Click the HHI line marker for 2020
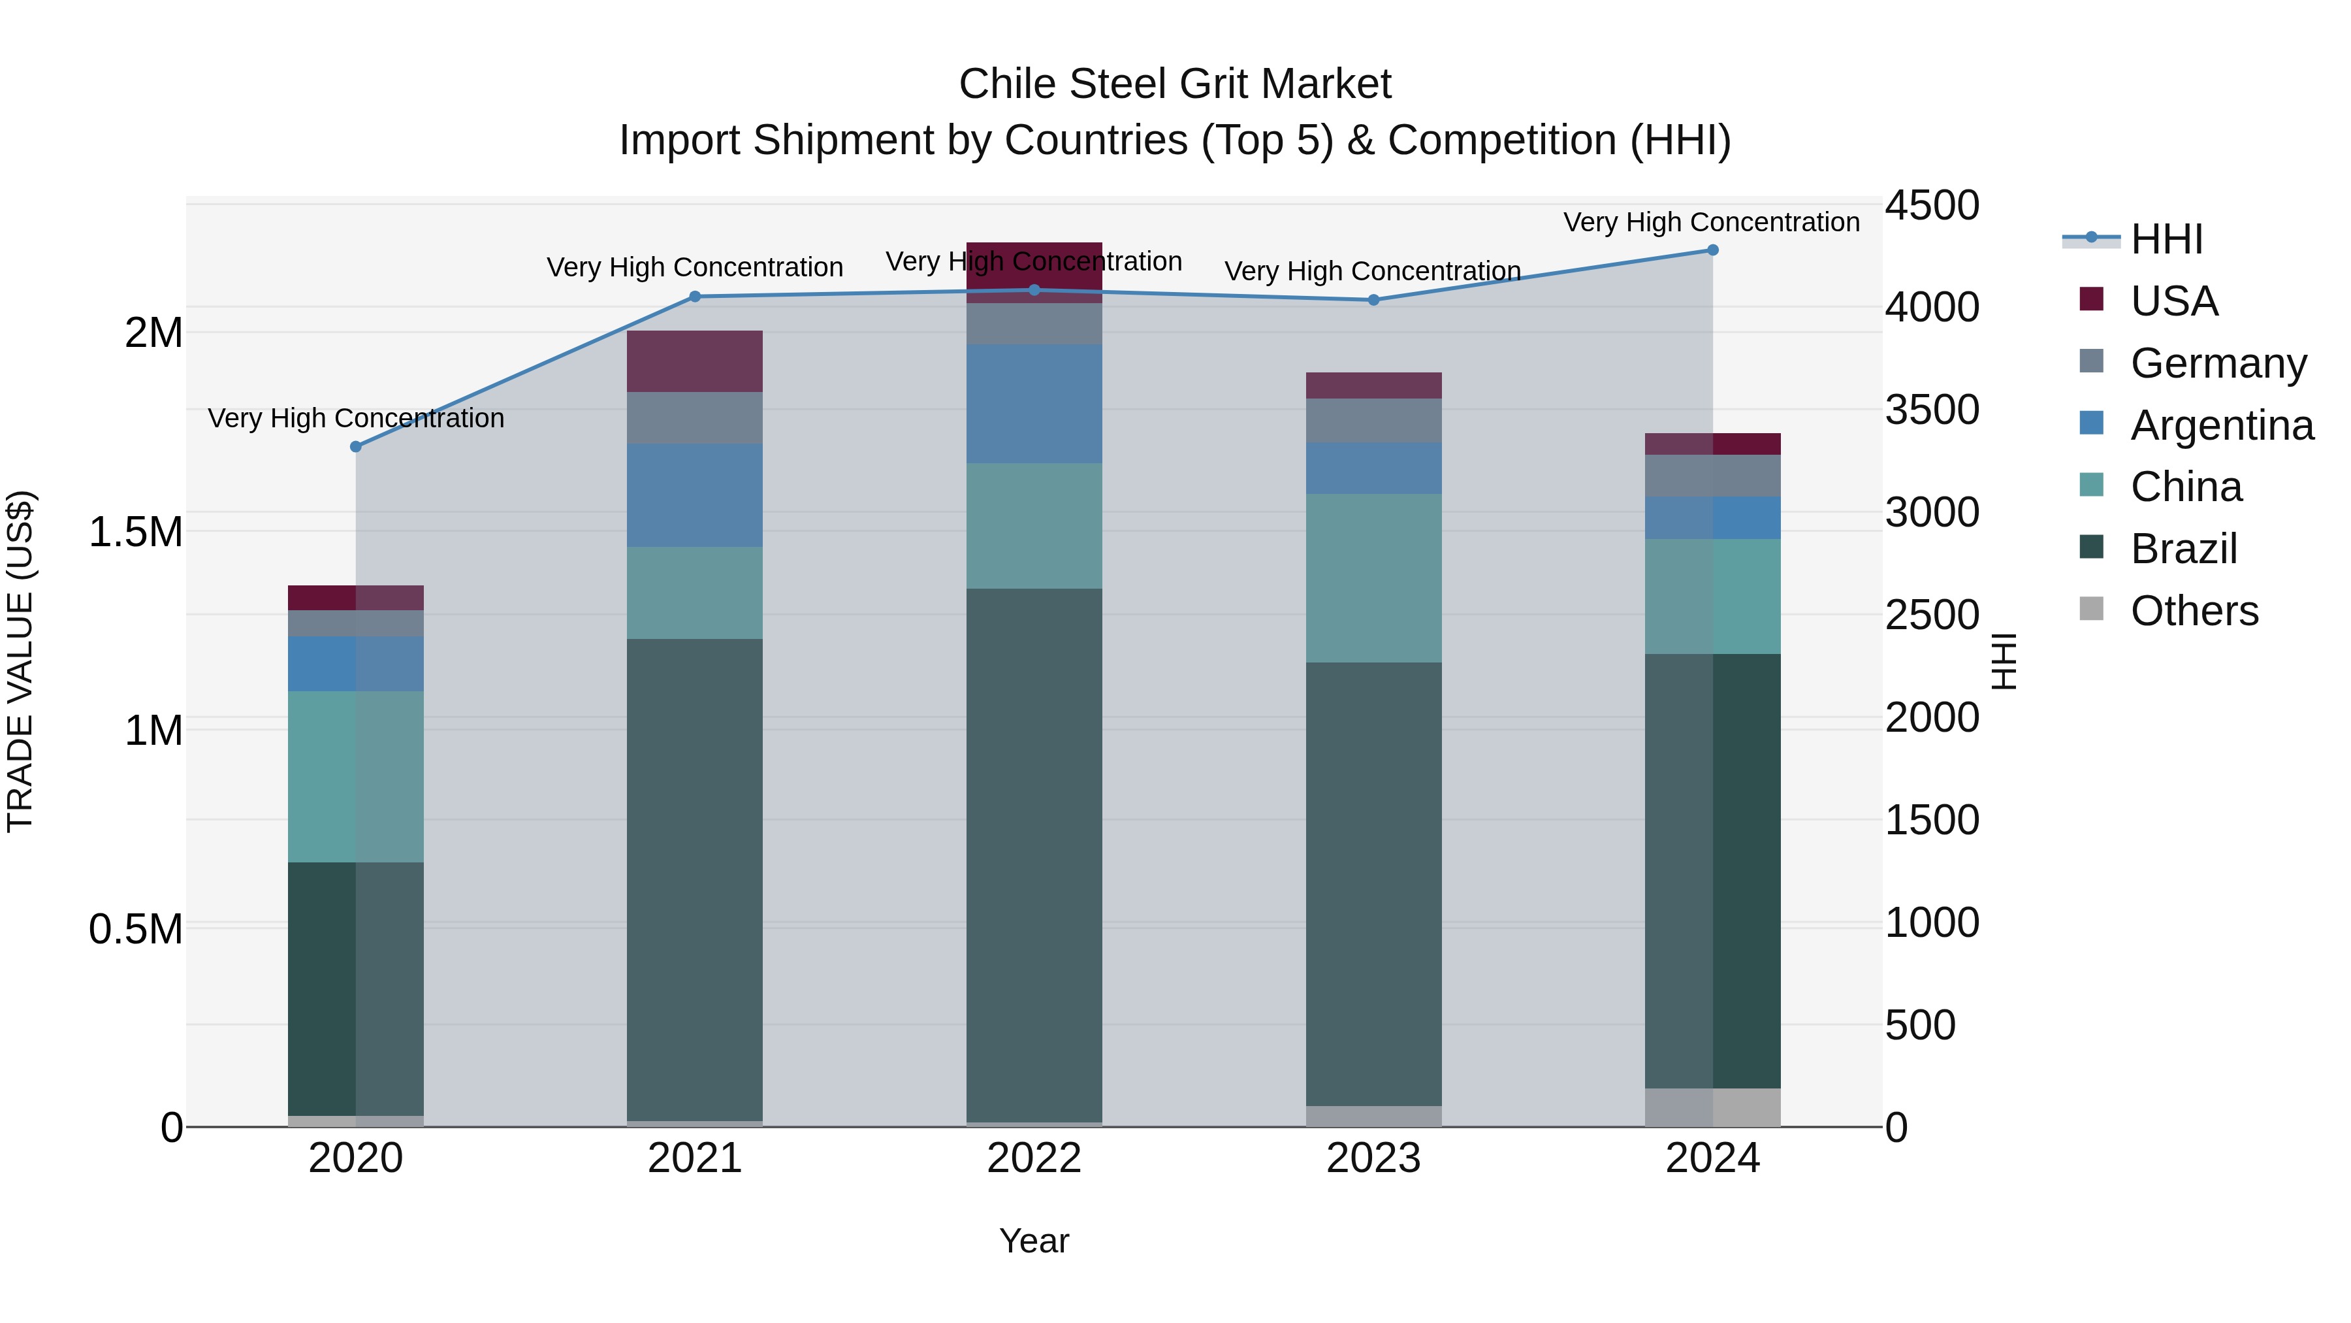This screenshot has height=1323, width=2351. tap(356, 446)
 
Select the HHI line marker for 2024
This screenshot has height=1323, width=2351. tap(1712, 250)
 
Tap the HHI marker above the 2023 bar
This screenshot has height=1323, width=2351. tap(1373, 299)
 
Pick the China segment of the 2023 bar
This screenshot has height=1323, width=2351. tap(1373, 578)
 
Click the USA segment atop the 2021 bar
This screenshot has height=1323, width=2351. tap(695, 361)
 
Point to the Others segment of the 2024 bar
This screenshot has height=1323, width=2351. tap(1712, 1107)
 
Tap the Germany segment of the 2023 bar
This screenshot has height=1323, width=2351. tap(1373, 420)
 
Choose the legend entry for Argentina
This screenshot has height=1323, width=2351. tap(2222, 425)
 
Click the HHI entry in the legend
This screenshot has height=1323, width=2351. tap(2166, 239)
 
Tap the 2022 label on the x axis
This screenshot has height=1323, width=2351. tap(1034, 1158)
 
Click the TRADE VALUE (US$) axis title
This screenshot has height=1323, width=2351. tap(20, 661)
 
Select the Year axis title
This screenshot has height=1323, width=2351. tap(1034, 1241)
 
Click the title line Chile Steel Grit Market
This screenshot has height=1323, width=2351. tap(1175, 84)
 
